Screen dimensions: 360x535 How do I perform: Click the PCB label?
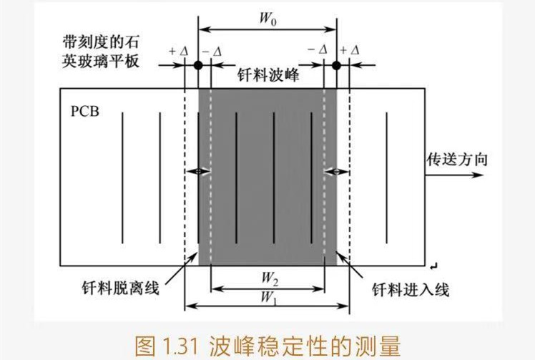[x=84, y=112]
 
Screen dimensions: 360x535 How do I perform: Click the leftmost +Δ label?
[x=176, y=51]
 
